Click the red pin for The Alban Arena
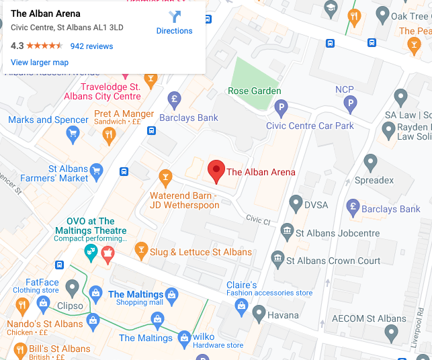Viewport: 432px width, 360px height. (216, 171)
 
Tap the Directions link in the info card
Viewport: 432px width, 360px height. (174, 31)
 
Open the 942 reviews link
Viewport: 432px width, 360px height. (91, 46)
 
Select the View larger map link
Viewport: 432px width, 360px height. (40, 62)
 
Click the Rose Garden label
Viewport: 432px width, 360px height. (255, 91)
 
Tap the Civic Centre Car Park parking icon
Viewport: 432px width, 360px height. (282, 106)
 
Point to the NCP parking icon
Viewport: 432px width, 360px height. (349, 103)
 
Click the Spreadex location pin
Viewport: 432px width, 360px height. (370, 162)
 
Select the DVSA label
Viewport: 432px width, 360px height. (316, 201)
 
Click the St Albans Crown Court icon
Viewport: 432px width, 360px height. (277, 258)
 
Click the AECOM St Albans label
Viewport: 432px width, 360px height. (370, 318)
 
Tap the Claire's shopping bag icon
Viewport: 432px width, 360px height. (241, 306)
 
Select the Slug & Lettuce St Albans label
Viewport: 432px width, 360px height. (201, 252)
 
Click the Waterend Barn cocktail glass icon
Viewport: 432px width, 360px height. (165, 178)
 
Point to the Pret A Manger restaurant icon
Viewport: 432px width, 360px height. (109, 135)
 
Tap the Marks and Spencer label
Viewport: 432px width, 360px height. (48, 120)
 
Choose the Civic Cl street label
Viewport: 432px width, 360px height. (258, 219)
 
